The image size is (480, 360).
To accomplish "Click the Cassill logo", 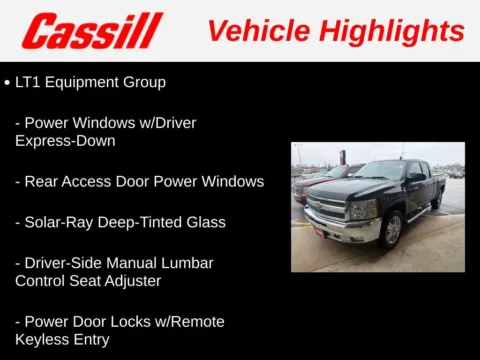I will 92,30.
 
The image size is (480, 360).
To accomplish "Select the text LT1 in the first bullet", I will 29,82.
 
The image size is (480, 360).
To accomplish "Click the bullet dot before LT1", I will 7,82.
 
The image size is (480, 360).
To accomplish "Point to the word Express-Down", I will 66,141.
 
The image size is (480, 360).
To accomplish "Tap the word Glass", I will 204,222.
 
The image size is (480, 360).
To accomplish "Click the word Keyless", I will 44,340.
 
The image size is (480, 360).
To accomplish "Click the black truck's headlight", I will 363,208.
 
